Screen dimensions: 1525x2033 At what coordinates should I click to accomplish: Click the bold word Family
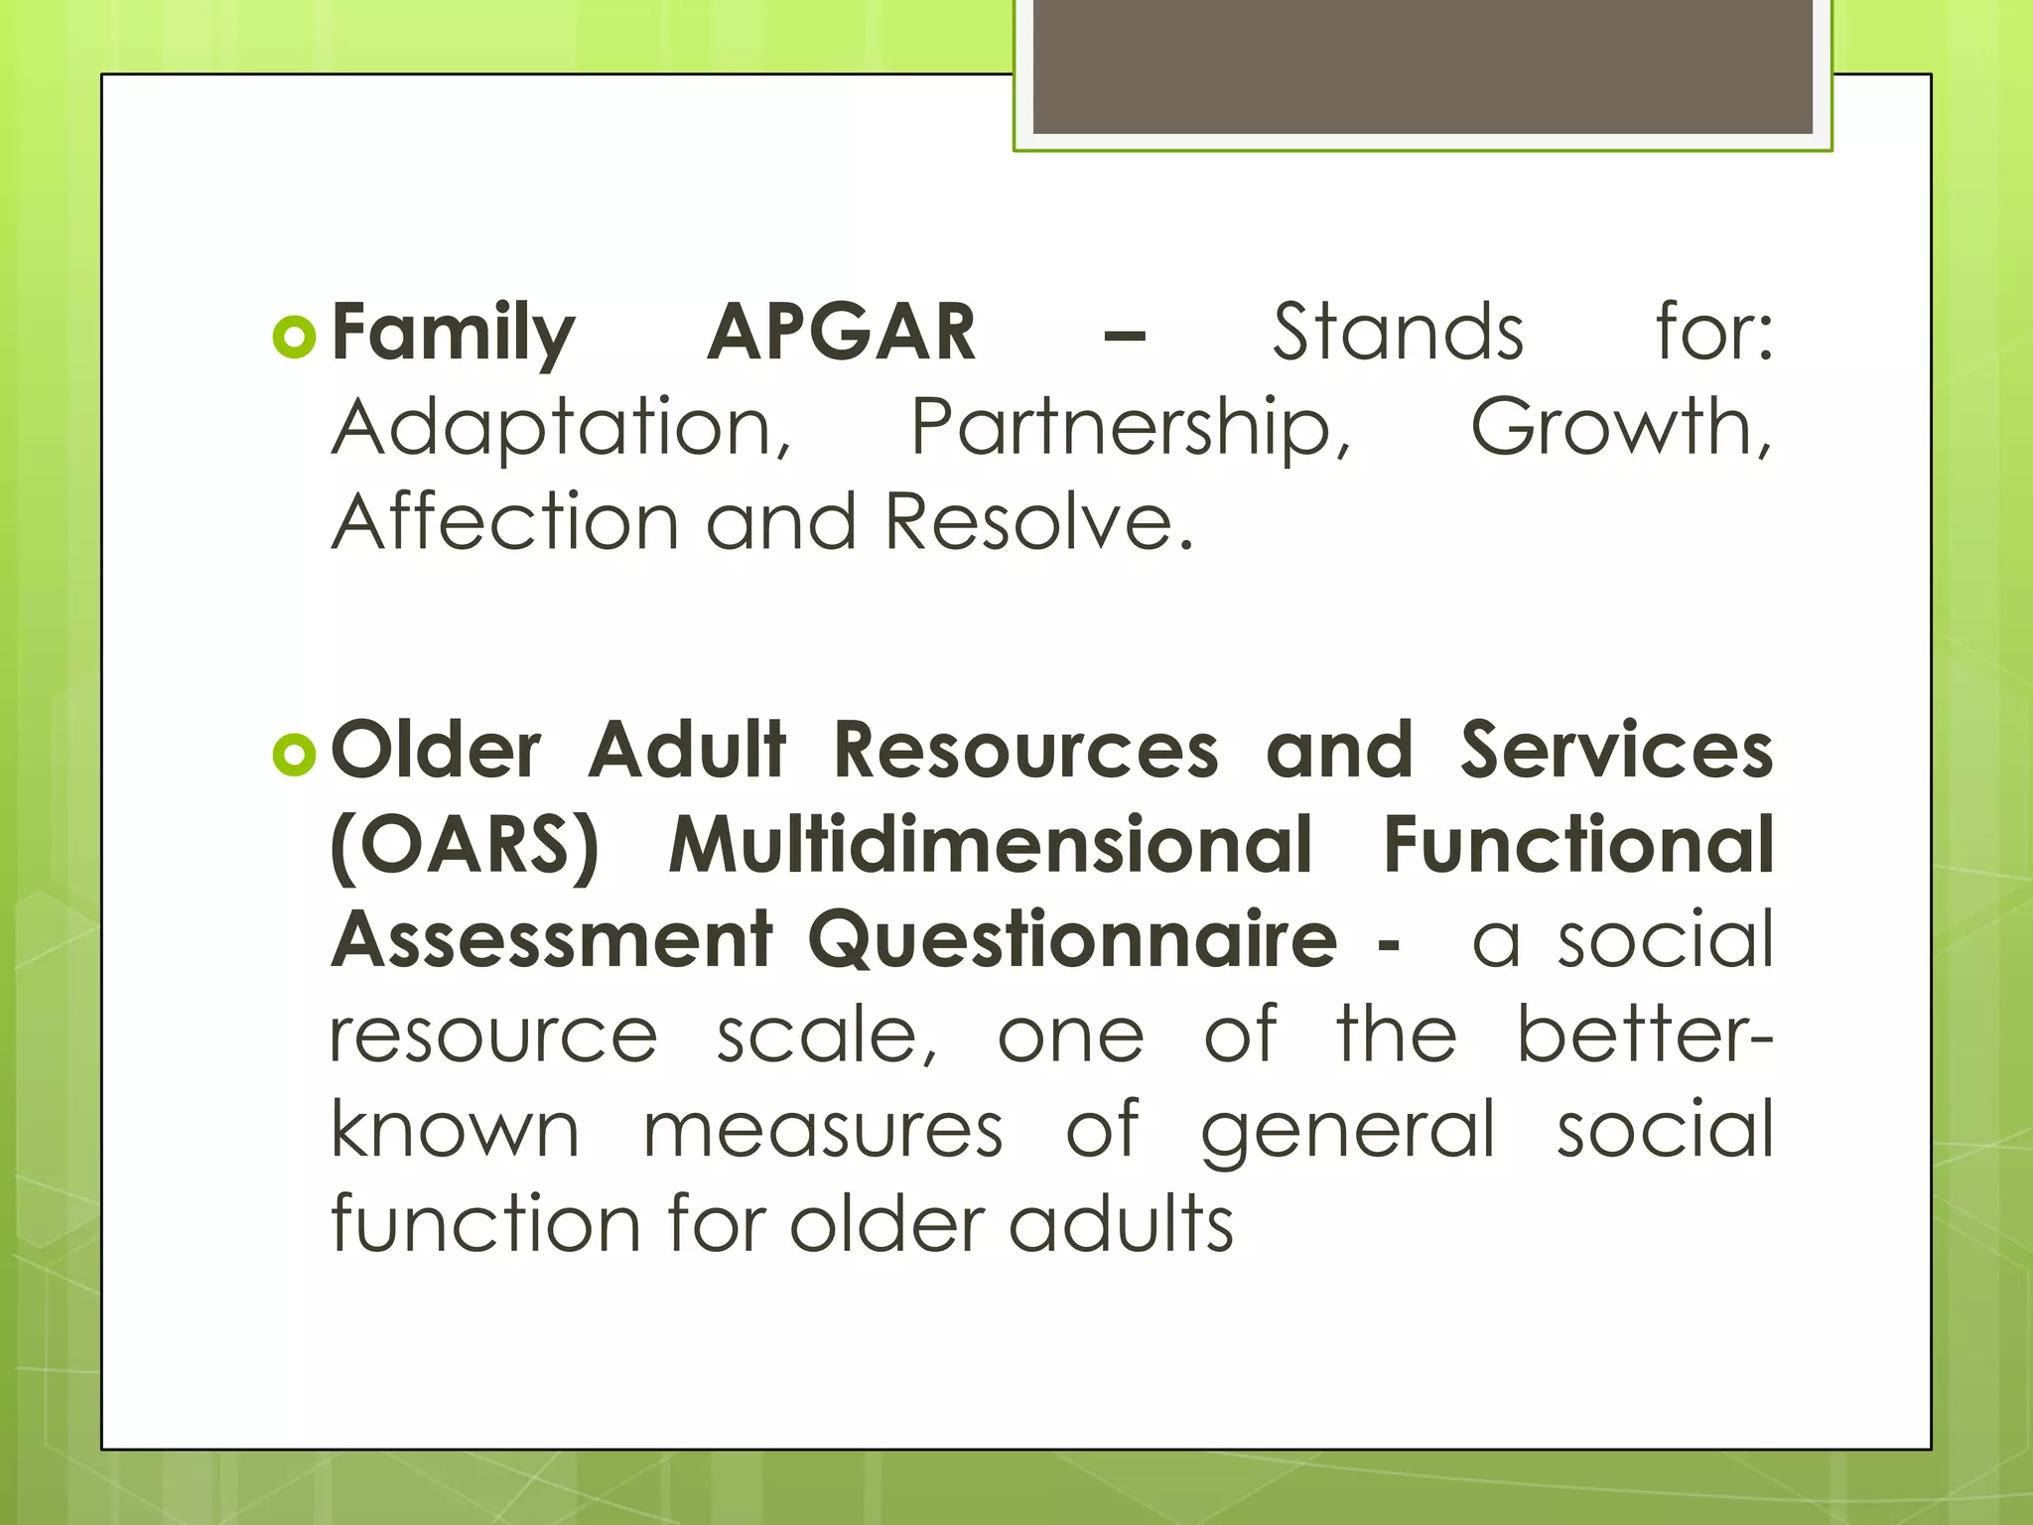453,334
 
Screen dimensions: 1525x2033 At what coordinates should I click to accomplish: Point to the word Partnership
1131,429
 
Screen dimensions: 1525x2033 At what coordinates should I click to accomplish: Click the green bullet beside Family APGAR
294,338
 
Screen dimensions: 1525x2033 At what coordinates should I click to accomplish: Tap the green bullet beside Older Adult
294,756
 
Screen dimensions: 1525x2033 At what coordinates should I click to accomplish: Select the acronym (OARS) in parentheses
465,846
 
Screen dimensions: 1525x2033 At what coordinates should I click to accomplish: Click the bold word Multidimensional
991,846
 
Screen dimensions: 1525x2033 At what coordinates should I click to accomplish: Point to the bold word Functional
1578,846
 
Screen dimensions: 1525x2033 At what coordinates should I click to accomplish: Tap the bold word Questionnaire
1072,941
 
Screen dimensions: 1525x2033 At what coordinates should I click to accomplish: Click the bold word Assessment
552,939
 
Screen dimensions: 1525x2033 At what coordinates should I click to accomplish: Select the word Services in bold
1616,751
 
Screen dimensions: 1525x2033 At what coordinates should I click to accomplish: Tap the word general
1347,1132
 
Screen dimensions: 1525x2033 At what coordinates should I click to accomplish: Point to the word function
485,1223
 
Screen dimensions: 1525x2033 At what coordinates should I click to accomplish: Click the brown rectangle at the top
1423,66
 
